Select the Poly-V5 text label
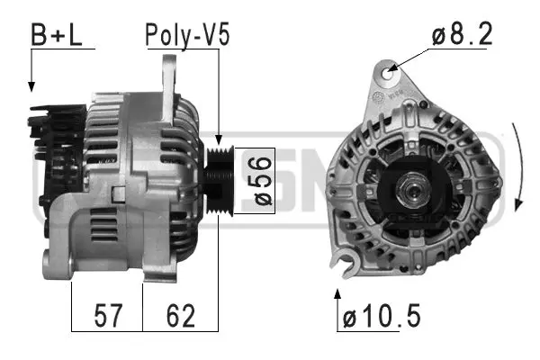coord(188,35)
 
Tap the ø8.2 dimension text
coord(462,35)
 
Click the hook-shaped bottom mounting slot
coord(340,263)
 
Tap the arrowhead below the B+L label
coord(31,86)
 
